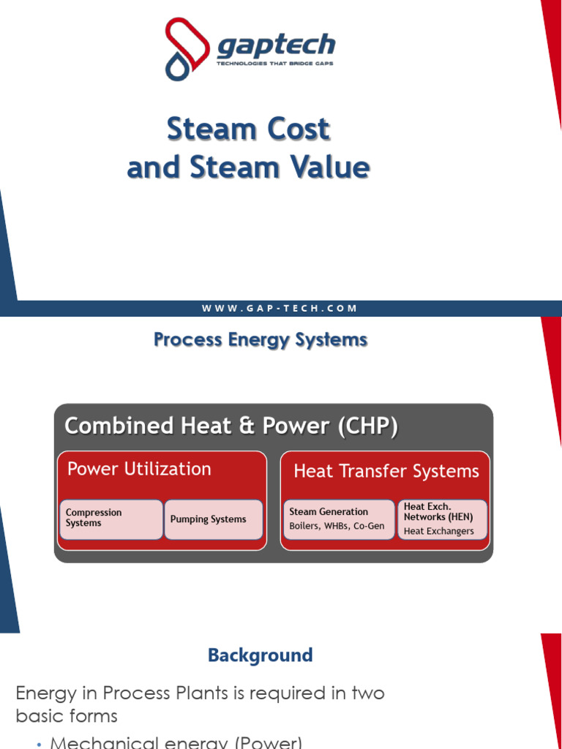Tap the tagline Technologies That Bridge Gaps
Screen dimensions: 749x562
tap(276, 64)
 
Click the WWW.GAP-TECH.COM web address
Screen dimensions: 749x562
tap(280, 309)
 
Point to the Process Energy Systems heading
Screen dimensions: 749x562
tap(261, 340)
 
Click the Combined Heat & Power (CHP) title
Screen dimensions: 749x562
tap(231, 426)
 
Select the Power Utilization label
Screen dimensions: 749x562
tap(139, 469)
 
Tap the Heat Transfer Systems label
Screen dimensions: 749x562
tap(386, 472)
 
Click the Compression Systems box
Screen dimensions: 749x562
tap(111, 519)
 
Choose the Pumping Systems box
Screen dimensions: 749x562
tap(213, 519)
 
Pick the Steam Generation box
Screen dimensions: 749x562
tap(338, 519)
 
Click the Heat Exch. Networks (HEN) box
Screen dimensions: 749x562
tap(442, 519)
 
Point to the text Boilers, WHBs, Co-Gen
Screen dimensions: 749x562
tap(337, 526)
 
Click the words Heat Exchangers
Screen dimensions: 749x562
tap(439, 532)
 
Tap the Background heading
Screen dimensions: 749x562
tap(261, 655)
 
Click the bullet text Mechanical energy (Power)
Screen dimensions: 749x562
tap(176, 742)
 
